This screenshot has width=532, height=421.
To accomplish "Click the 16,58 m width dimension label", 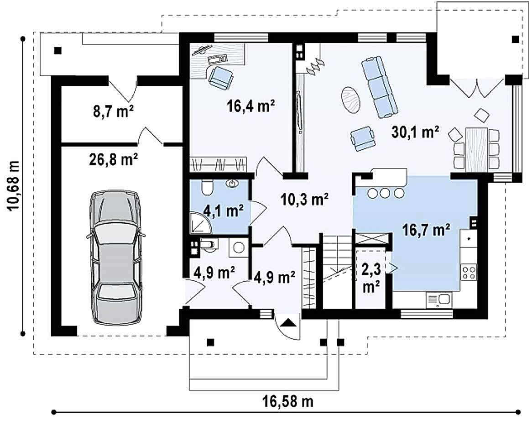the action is [288, 402].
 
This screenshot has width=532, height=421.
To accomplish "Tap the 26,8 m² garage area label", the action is [113, 159].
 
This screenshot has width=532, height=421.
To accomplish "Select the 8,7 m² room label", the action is [113, 111].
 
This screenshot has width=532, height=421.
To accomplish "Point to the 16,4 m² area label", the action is [250, 106].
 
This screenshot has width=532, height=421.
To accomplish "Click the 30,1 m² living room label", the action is [415, 132].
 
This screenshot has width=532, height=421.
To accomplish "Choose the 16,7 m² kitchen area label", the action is [426, 230].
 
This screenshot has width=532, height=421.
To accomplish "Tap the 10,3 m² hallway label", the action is [304, 199].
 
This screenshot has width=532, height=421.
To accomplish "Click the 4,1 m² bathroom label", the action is [223, 211].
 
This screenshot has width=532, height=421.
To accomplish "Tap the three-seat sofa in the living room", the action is [379, 87].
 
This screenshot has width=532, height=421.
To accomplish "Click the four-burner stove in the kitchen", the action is [469, 272].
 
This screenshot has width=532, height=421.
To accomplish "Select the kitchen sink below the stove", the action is [438, 300].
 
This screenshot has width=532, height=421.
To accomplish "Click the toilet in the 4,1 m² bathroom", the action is [207, 187].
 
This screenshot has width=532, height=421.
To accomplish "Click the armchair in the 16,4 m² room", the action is [221, 78].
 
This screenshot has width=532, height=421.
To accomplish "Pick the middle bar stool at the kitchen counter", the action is [385, 193].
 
